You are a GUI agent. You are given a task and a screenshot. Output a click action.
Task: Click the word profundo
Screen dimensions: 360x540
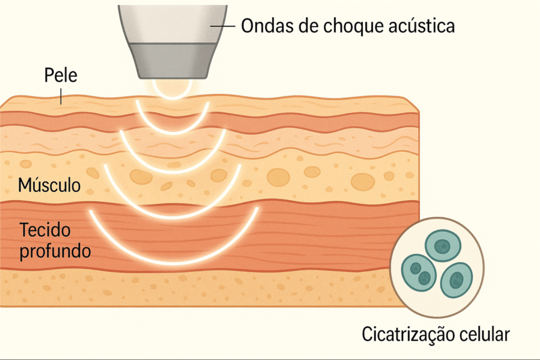(x=55, y=250)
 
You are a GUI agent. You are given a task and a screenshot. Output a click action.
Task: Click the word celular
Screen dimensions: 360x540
(x=486, y=334)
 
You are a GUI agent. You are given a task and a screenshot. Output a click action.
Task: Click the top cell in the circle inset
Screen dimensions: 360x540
(x=443, y=246)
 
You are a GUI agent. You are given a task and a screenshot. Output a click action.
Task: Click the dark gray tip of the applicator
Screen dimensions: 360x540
(x=172, y=60)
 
